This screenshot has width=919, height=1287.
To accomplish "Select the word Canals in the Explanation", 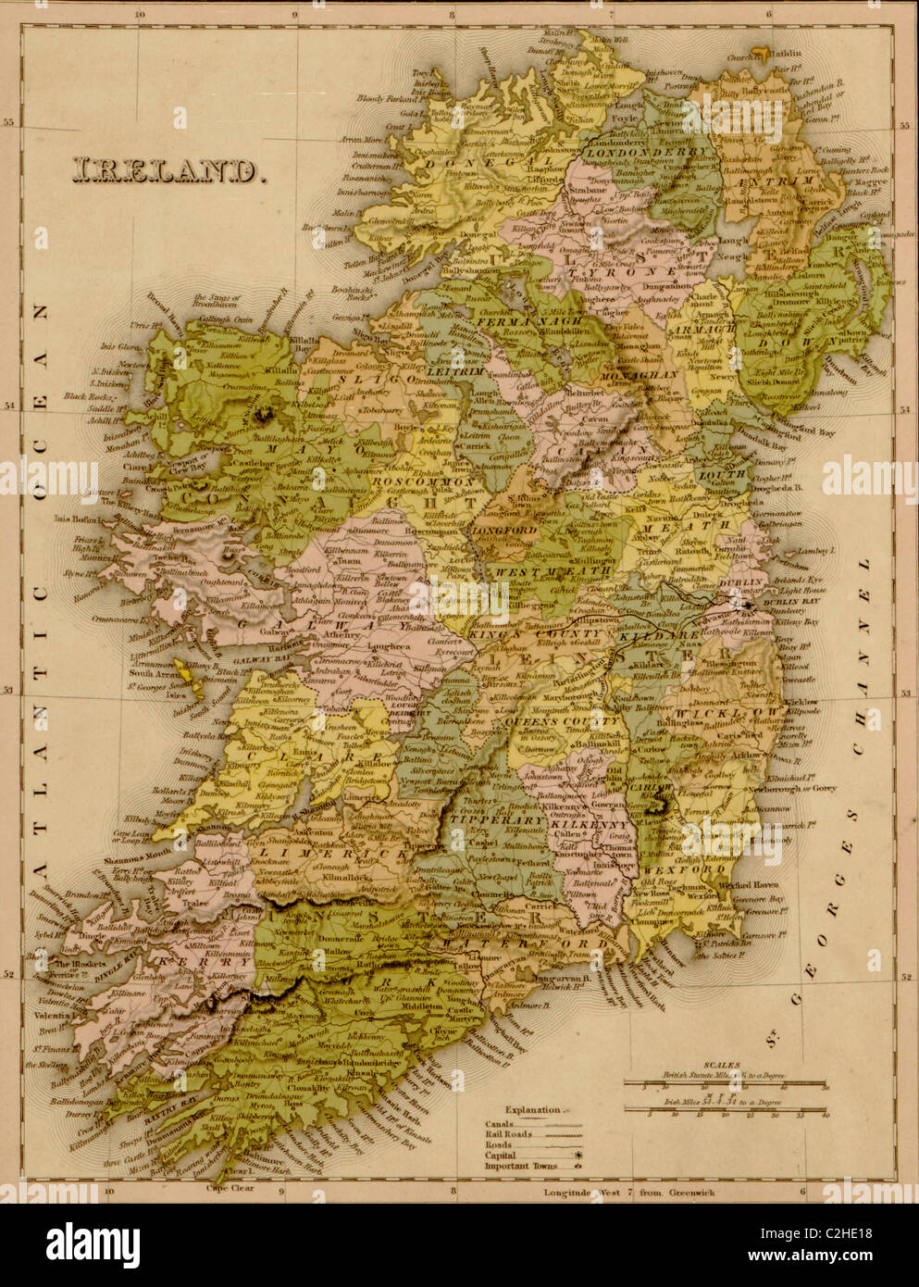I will point(501,1126).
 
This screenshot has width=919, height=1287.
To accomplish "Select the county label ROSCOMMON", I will point(413,481).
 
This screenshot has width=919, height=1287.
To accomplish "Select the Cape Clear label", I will point(230,1187).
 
